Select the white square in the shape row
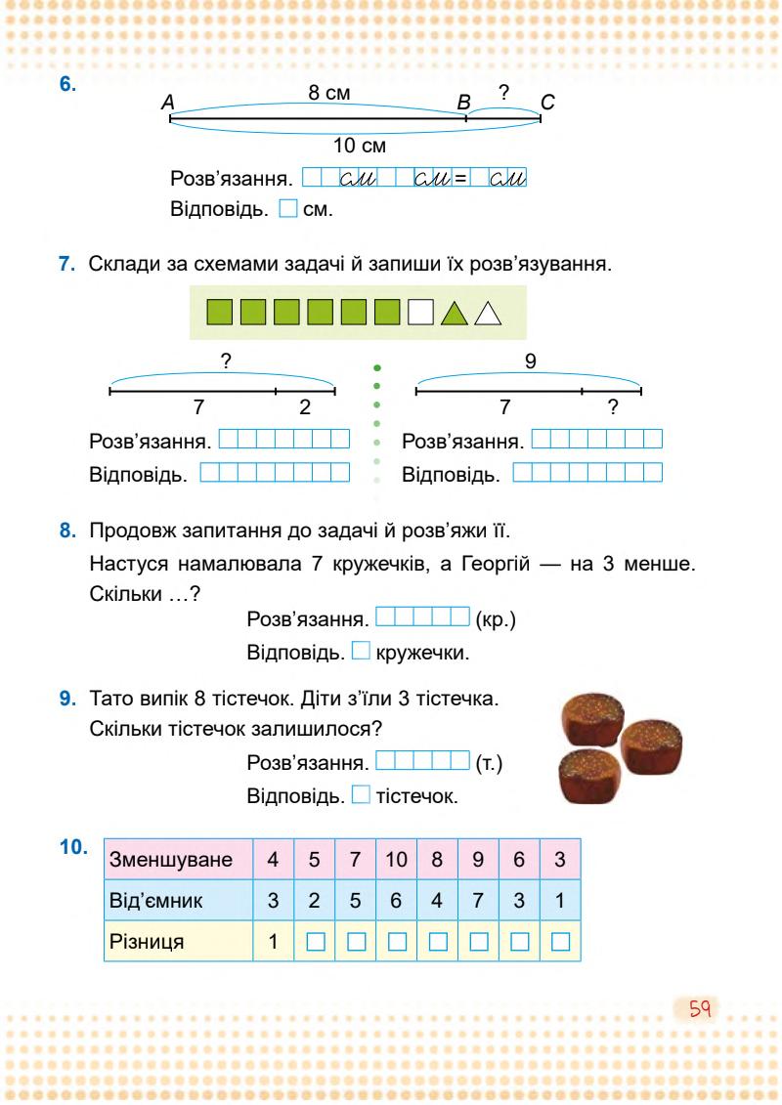tap(419, 313)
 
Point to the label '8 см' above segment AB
tap(329, 93)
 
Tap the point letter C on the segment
tap(547, 101)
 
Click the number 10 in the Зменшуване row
tap(396, 861)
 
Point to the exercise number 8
tap(67, 531)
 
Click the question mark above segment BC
tap(502, 93)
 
